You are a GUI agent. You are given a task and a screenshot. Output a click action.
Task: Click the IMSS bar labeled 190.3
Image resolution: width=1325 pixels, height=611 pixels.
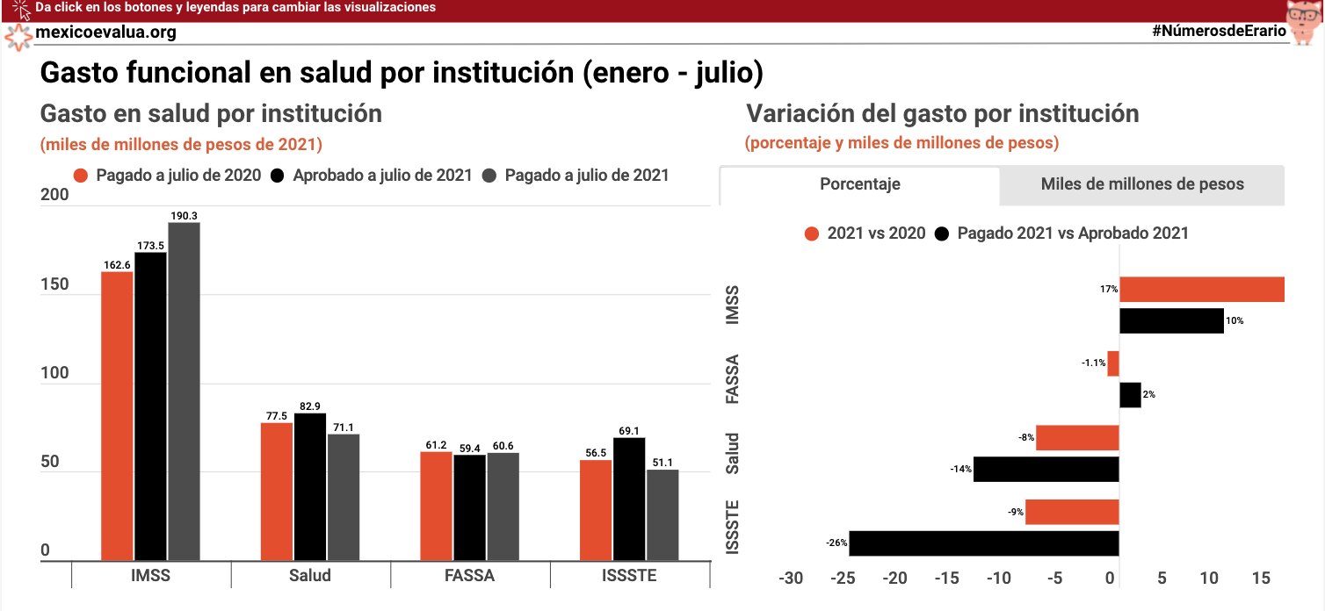(x=185, y=391)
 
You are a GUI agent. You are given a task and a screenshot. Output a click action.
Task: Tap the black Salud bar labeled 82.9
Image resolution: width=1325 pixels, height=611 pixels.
(x=310, y=486)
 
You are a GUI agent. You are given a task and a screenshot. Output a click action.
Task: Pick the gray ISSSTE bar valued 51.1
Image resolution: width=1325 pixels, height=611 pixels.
(x=662, y=515)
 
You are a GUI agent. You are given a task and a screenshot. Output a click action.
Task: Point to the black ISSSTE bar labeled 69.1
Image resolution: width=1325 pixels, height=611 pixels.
(x=629, y=499)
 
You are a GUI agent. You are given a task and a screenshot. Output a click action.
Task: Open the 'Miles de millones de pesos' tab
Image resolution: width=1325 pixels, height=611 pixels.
(x=1141, y=184)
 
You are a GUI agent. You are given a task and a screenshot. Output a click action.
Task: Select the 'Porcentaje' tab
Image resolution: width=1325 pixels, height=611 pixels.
(x=859, y=184)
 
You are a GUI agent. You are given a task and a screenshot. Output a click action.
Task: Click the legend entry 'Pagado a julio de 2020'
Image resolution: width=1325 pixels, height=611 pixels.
(x=178, y=176)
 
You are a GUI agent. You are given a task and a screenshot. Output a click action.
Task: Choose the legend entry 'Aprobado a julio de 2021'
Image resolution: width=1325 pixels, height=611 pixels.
(x=382, y=176)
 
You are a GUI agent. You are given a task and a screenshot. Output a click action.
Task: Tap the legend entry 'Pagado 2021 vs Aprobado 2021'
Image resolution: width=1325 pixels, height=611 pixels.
(x=1072, y=234)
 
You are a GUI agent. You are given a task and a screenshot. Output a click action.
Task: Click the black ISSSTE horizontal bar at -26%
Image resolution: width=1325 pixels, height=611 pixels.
(x=984, y=543)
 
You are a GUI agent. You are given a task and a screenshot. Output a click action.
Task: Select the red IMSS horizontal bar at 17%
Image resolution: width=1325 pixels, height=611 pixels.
(x=1201, y=290)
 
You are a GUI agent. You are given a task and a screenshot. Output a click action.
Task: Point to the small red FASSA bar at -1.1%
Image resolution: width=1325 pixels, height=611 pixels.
(x=1113, y=363)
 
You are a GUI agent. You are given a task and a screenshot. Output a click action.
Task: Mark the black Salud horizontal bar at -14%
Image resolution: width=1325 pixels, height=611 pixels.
(x=1046, y=469)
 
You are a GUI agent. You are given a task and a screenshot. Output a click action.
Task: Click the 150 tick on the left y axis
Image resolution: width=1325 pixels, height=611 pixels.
(x=54, y=284)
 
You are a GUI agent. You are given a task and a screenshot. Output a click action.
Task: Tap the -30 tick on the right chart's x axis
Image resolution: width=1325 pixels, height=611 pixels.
(x=792, y=579)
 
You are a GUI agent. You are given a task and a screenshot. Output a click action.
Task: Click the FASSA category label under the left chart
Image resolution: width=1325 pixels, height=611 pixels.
(x=470, y=576)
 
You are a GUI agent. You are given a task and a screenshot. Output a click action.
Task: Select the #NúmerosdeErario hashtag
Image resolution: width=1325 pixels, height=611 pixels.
(x=1219, y=31)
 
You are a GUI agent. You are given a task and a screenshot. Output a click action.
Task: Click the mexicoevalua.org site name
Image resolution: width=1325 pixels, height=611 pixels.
(x=105, y=32)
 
